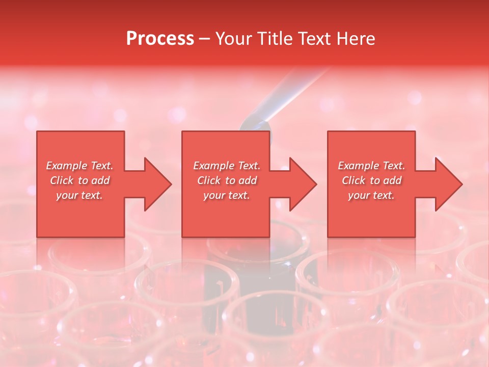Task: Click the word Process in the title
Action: pyautogui.click(x=160, y=39)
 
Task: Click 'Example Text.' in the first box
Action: pyautogui.click(x=79, y=166)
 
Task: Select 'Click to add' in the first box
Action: pyautogui.click(x=79, y=180)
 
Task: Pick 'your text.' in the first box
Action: pyautogui.click(x=79, y=195)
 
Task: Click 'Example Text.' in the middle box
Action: pyautogui.click(x=226, y=166)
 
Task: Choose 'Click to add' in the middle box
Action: pyautogui.click(x=226, y=180)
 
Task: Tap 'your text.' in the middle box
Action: pyautogui.click(x=226, y=195)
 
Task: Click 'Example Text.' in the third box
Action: pyautogui.click(x=371, y=166)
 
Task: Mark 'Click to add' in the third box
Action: pyautogui.click(x=371, y=180)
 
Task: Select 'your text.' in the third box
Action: pyautogui.click(x=371, y=195)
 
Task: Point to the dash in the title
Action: pyautogui.click(x=204, y=39)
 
